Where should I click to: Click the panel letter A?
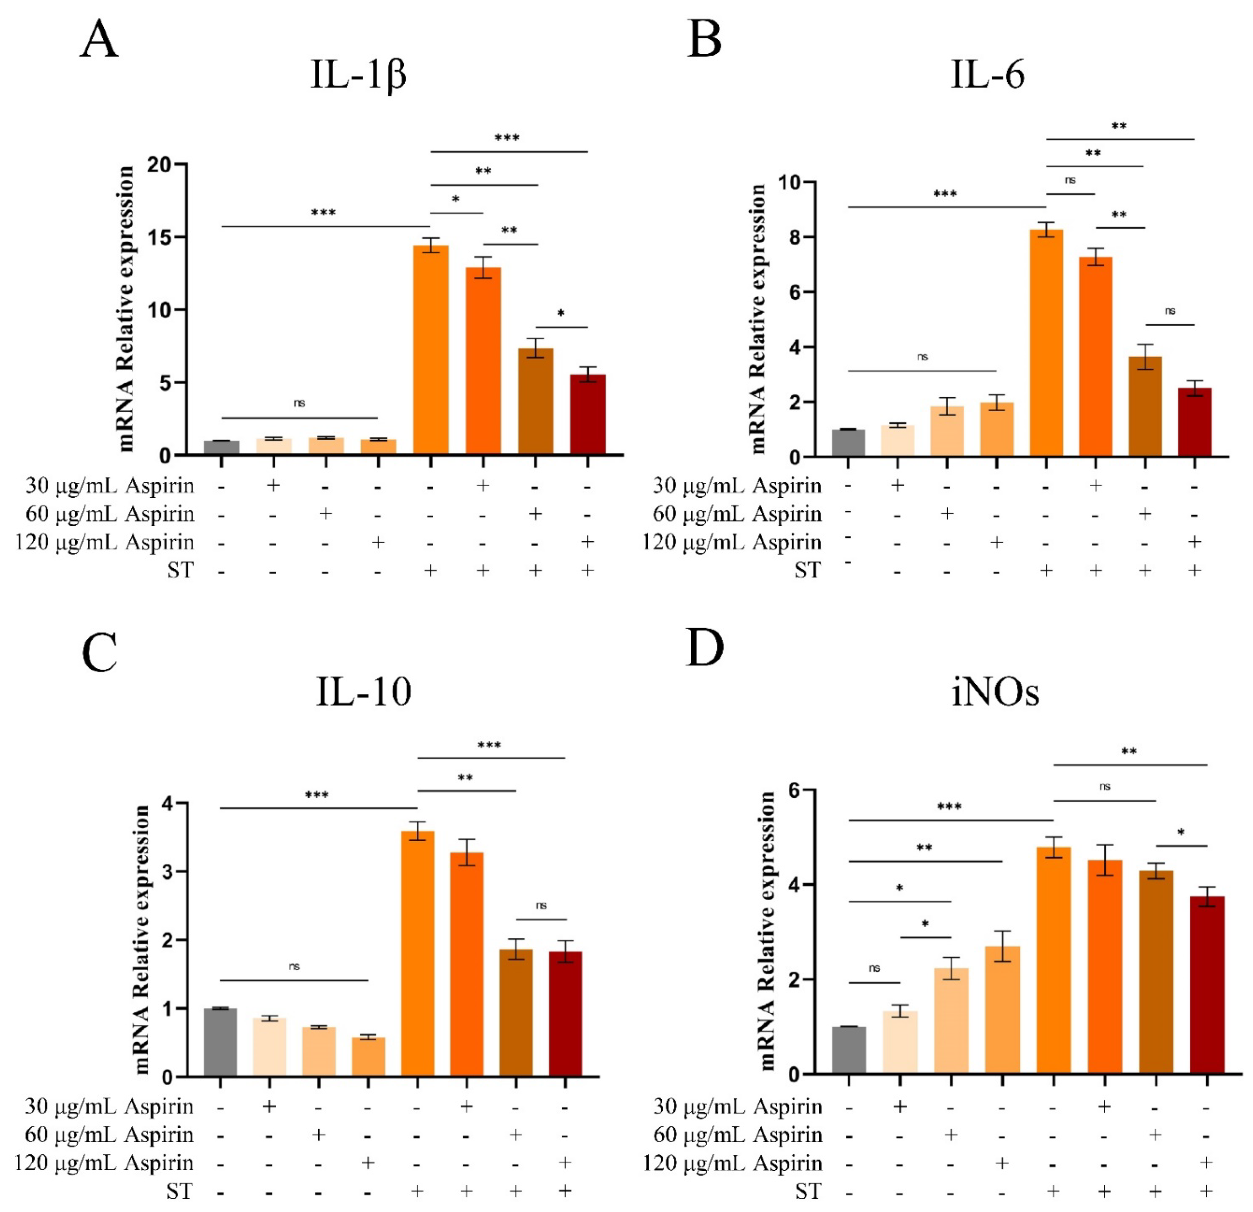click(99, 40)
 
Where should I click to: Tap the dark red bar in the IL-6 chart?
click(1194, 422)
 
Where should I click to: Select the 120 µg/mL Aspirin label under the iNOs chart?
click(732, 1163)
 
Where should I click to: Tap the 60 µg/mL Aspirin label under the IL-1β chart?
click(110, 513)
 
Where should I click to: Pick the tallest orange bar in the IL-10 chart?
click(418, 953)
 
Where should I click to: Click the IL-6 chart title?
click(988, 75)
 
